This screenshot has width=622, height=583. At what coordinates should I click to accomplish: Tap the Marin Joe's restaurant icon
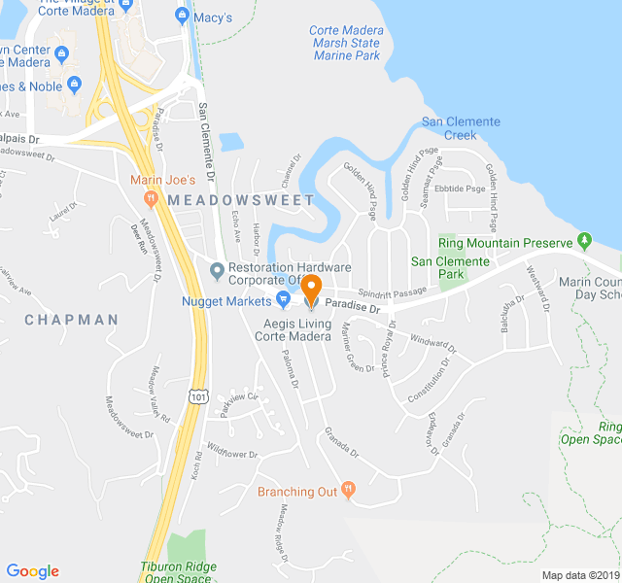coord(151,198)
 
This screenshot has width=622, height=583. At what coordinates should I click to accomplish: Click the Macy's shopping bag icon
coord(181,16)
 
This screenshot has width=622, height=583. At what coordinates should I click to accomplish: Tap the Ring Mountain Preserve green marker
coord(584,239)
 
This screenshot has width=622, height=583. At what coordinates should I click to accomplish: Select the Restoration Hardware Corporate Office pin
coord(217,269)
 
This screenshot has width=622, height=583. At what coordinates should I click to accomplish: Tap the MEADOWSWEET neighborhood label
coord(241,199)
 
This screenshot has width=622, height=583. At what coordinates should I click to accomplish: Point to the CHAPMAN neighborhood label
coord(71,319)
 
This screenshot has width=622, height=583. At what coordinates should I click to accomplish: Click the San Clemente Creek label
coord(461,128)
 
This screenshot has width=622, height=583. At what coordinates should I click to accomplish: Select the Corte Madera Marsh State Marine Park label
coord(346,43)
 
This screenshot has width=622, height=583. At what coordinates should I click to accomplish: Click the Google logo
coord(33,571)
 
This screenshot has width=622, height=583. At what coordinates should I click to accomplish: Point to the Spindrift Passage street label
coord(392,291)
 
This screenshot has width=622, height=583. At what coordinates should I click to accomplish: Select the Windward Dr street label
coord(432,342)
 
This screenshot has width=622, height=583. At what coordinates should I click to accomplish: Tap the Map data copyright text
coord(580,575)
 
